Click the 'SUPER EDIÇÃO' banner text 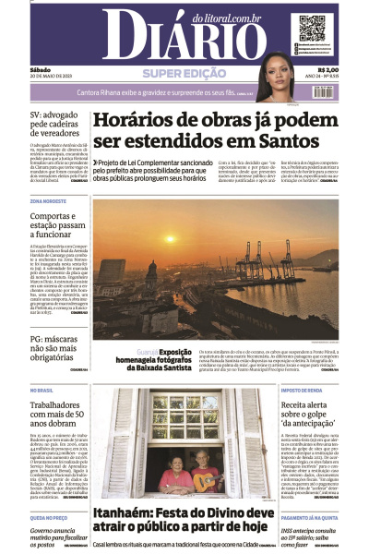coord(184,73)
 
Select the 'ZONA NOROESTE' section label coord(48,200)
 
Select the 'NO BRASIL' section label coord(42,391)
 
